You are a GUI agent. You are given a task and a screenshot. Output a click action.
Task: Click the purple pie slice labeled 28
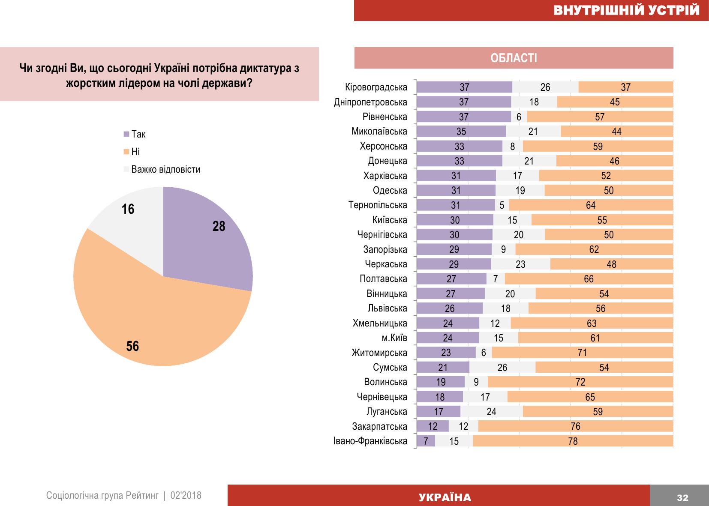point(206,240)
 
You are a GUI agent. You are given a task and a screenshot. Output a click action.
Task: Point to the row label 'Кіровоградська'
point(376,87)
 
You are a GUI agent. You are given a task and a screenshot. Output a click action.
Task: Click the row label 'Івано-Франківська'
point(370,441)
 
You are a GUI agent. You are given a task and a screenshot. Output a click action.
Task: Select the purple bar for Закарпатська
point(433,426)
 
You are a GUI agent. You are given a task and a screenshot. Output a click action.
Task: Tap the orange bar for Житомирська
point(582,353)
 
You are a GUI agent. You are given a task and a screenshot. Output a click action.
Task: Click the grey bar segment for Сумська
point(502,368)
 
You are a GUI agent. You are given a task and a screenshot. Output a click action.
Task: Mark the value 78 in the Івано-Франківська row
point(573,441)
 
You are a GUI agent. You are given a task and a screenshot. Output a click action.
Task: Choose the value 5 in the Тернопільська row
point(502,206)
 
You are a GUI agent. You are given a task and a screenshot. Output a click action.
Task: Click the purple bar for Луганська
point(439,412)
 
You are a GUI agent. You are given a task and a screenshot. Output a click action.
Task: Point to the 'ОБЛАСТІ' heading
point(514,58)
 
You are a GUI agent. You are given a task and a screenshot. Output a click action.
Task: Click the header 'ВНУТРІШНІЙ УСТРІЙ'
point(626,10)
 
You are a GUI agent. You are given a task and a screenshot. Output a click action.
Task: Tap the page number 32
point(682,497)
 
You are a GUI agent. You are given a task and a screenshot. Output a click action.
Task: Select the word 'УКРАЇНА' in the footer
point(445,497)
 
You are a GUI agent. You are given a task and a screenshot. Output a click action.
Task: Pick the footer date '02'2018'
point(186,496)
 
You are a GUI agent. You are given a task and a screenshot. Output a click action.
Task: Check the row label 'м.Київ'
point(394,338)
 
